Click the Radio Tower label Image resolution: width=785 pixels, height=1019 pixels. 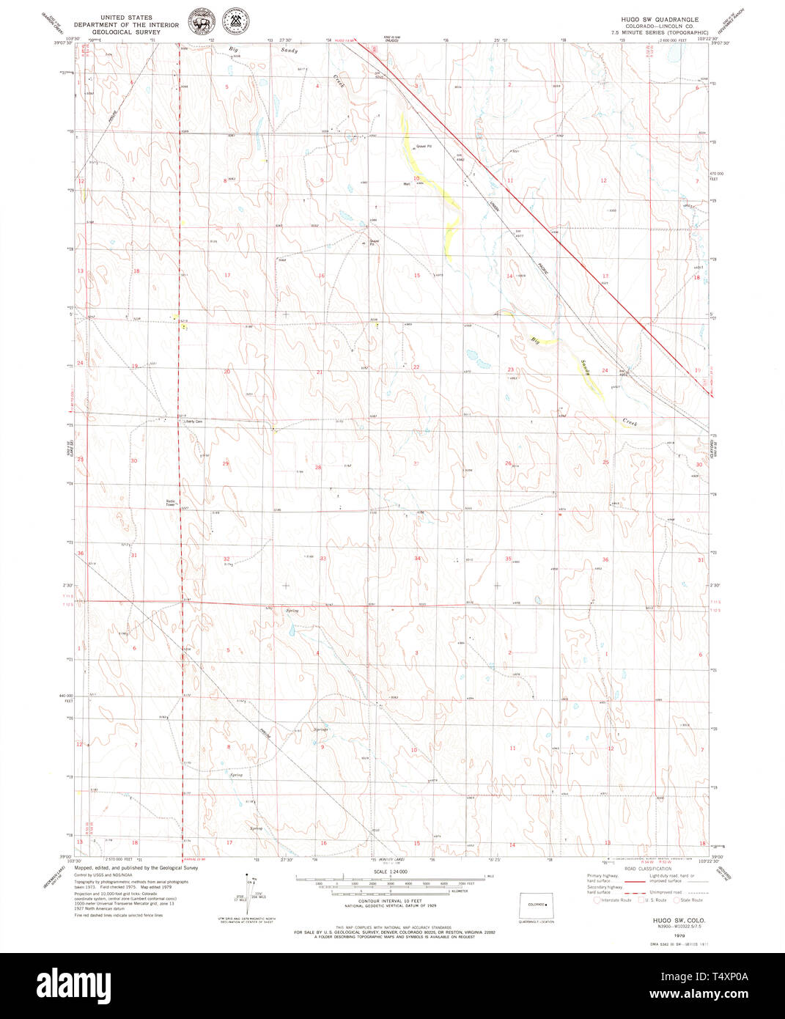(x=170, y=503)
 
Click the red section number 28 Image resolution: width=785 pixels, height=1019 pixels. (x=318, y=467)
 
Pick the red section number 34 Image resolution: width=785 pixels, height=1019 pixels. (x=417, y=559)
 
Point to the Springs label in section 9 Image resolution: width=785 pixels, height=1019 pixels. (x=320, y=729)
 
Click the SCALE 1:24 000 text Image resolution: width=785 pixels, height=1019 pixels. (x=391, y=872)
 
